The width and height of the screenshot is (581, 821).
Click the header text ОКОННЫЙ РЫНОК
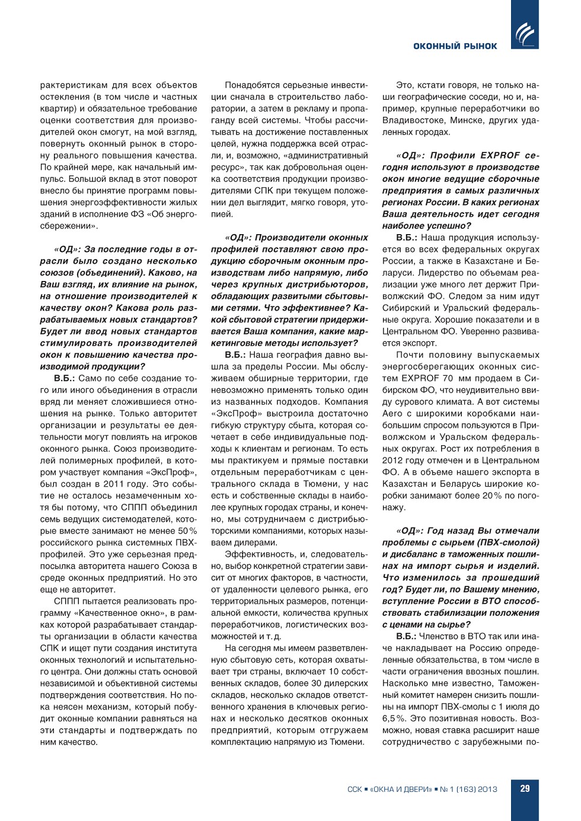click(x=455, y=46)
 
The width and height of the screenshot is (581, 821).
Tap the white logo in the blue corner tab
click(x=525, y=33)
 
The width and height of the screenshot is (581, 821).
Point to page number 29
click(x=525, y=788)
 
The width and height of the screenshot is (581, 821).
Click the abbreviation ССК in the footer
click(x=355, y=789)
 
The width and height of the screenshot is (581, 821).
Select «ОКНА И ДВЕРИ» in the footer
click(x=401, y=789)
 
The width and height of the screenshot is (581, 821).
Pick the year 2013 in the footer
click(x=487, y=789)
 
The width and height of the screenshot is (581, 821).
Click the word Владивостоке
click(x=407, y=120)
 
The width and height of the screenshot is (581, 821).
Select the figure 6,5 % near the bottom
click(x=394, y=718)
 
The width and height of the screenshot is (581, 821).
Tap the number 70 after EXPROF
click(x=448, y=378)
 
